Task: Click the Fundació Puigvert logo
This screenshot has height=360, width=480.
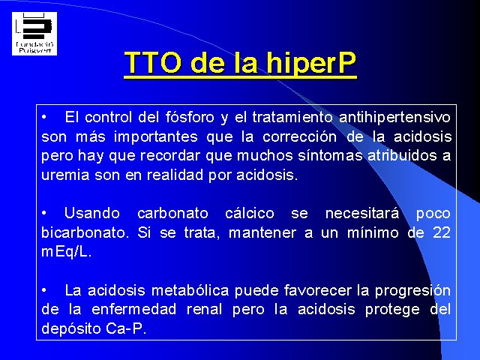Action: click(x=34, y=34)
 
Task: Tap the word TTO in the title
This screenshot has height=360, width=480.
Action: click(x=153, y=62)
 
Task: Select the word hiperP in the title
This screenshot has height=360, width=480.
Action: click(x=311, y=63)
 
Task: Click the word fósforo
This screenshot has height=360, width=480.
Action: click(x=190, y=117)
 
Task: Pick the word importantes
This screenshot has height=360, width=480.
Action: click(x=156, y=136)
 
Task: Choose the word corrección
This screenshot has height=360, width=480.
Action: click(x=300, y=136)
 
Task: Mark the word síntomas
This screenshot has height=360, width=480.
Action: click(x=331, y=155)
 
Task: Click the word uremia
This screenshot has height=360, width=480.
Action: click(x=65, y=175)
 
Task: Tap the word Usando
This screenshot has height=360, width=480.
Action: click(x=92, y=213)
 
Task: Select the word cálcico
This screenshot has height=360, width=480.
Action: click(x=250, y=213)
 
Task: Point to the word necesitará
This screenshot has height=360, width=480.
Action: click(x=362, y=213)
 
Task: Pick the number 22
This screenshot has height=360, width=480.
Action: click(x=442, y=232)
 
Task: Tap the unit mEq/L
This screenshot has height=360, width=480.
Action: click(x=67, y=252)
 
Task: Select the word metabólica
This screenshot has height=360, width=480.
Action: click(x=190, y=290)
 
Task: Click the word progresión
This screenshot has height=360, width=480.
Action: click(x=412, y=291)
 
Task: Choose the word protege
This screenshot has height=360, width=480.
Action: click(x=392, y=310)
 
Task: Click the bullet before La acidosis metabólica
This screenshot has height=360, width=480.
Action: click(x=44, y=290)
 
